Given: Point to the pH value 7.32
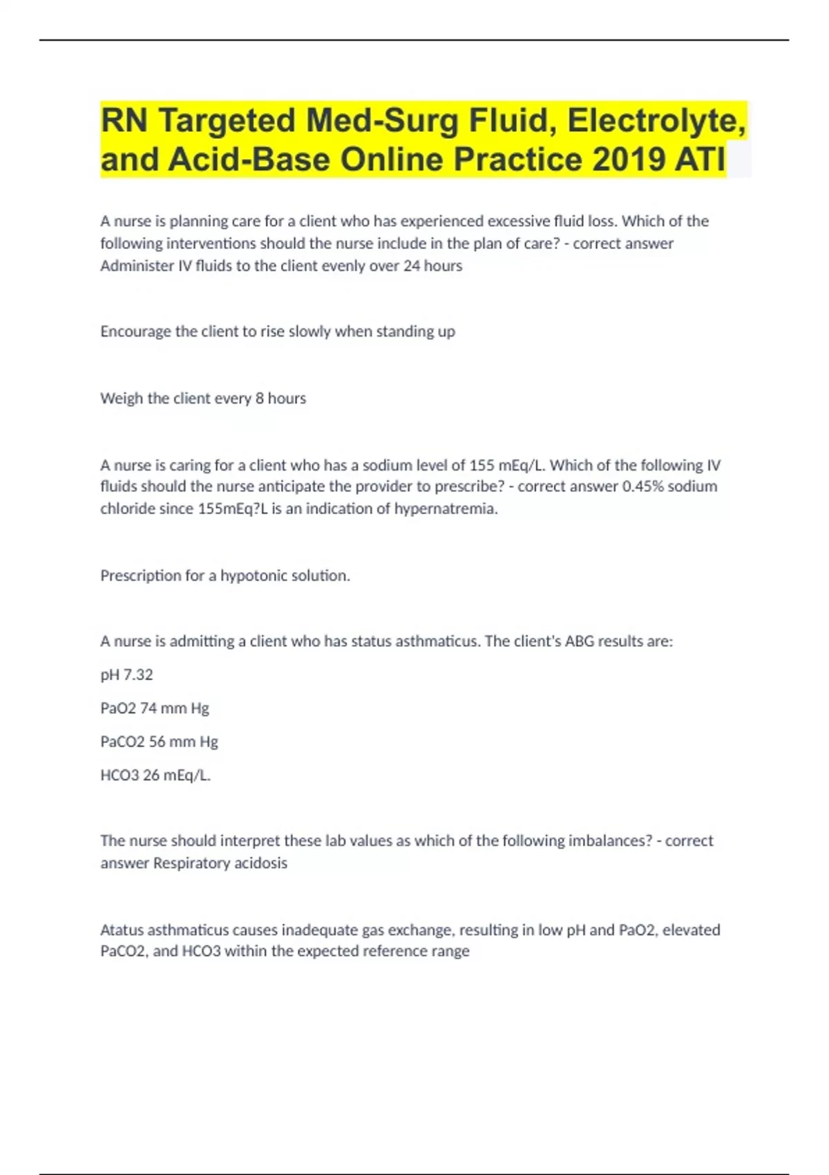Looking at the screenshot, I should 138,675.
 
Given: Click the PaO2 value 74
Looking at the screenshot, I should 149,708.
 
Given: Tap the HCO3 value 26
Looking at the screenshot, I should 151,775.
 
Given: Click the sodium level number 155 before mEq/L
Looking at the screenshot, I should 482,465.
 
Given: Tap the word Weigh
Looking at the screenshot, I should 122,399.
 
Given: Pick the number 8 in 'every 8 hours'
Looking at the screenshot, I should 259,399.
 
